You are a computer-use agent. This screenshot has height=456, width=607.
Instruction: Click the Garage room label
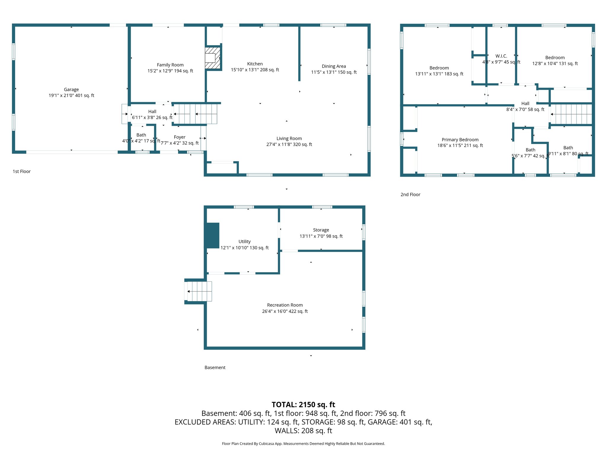click(71, 89)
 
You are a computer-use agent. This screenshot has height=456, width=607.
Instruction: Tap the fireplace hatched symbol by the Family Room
click(213, 58)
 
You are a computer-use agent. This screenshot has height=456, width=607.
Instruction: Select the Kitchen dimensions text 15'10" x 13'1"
click(255, 70)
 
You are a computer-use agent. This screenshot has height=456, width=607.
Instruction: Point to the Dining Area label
click(334, 66)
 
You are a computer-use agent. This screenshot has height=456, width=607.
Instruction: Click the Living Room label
click(289, 138)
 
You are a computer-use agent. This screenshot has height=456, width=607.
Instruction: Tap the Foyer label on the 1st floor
click(180, 137)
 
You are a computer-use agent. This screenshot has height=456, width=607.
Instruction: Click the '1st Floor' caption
click(22, 171)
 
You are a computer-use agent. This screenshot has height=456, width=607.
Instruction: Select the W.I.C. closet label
click(501, 56)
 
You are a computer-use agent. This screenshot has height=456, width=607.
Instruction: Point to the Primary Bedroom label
click(460, 140)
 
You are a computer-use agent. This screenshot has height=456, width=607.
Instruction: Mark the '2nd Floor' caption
click(410, 194)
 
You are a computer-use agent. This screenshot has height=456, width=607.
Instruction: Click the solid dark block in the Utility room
click(213, 235)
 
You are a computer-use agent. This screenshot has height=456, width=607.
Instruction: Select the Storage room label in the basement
click(321, 230)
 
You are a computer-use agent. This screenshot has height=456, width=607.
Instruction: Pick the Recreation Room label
click(285, 305)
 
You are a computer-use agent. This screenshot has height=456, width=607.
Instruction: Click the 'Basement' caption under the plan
click(215, 368)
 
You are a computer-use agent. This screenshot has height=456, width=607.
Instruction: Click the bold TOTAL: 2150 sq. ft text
click(303, 405)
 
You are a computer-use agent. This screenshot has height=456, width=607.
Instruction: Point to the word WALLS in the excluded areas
click(287, 431)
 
